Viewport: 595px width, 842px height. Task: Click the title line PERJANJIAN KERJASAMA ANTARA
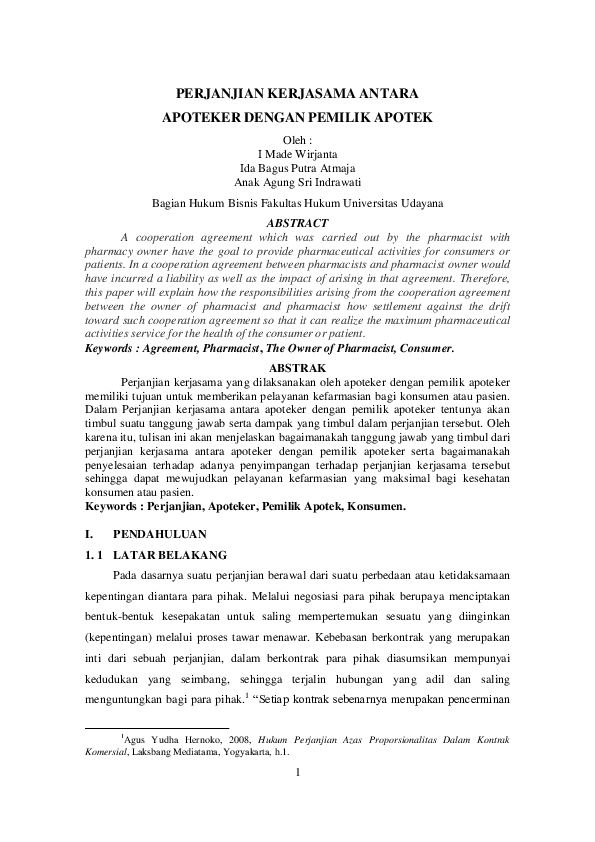(x=297, y=92)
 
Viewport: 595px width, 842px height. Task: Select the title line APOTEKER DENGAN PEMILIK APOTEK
(x=297, y=118)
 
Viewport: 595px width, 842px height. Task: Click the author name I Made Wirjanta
(x=297, y=154)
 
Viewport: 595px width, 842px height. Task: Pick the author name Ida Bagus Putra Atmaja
(x=297, y=168)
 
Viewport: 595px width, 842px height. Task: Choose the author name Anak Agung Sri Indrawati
(x=297, y=182)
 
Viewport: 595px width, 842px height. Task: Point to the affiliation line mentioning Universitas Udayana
(x=297, y=203)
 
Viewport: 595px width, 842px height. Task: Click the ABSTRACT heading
(x=297, y=222)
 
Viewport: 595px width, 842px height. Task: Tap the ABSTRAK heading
(x=297, y=368)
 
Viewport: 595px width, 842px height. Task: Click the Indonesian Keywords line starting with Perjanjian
(x=245, y=507)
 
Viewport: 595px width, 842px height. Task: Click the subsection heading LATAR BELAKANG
(x=171, y=554)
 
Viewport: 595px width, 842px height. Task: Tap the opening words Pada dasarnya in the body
(x=146, y=577)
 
